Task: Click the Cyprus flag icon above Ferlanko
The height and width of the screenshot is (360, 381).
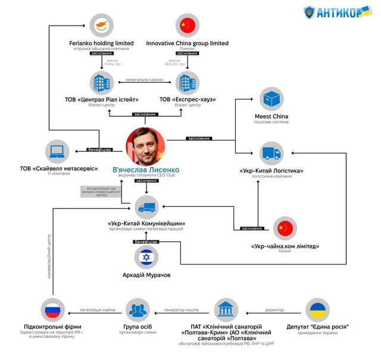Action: [101, 26]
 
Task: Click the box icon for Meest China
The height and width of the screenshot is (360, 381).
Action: [271, 99]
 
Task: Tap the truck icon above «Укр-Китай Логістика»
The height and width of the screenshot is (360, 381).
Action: [271, 154]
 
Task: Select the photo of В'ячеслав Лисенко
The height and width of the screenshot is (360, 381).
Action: [146, 147]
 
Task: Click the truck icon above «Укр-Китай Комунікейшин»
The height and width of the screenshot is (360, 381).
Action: [146, 207]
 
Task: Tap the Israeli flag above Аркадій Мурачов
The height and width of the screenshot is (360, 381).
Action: [146, 258]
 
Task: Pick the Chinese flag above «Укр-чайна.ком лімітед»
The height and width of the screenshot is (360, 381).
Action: [285, 228]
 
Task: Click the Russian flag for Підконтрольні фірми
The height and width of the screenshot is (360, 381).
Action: [53, 310]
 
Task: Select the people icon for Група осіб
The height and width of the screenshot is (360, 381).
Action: [138, 310]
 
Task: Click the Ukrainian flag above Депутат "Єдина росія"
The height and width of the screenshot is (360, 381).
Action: [317, 310]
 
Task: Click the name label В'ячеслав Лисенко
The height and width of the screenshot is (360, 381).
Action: [146, 170]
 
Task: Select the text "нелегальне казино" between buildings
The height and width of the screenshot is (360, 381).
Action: [145, 80]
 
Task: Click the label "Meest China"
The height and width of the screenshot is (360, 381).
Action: [271, 116]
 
